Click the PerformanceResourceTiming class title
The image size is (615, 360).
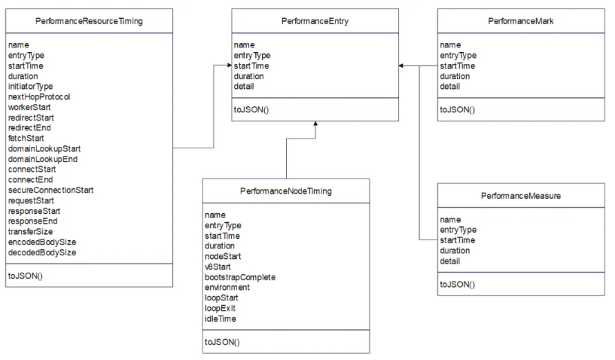[x=89, y=21]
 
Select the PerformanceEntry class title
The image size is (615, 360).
[x=315, y=21]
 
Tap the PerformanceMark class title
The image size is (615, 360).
[x=521, y=21]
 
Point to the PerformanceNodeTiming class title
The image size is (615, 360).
[x=286, y=191]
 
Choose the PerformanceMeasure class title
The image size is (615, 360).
[x=521, y=196]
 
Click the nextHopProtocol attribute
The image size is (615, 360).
[x=39, y=97]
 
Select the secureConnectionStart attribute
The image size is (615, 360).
[x=51, y=190]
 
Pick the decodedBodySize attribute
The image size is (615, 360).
[x=42, y=252]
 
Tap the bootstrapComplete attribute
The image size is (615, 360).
[x=240, y=277]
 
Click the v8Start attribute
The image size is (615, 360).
[x=218, y=267]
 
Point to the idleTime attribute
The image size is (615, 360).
[x=221, y=319]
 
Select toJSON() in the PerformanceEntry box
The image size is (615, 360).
[x=251, y=110]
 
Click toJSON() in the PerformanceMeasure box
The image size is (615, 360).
[x=458, y=284]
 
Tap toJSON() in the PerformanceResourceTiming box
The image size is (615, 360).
[x=26, y=276]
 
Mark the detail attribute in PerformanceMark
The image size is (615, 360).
[x=450, y=87]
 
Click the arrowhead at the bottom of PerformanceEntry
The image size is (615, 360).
[x=315, y=124]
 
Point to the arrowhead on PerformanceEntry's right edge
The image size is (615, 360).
[x=401, y=66]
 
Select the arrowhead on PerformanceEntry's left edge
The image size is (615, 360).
[x=229, y=66]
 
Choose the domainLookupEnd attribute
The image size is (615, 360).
[x=43, y=160]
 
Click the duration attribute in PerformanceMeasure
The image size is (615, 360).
[x=455, y=251]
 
